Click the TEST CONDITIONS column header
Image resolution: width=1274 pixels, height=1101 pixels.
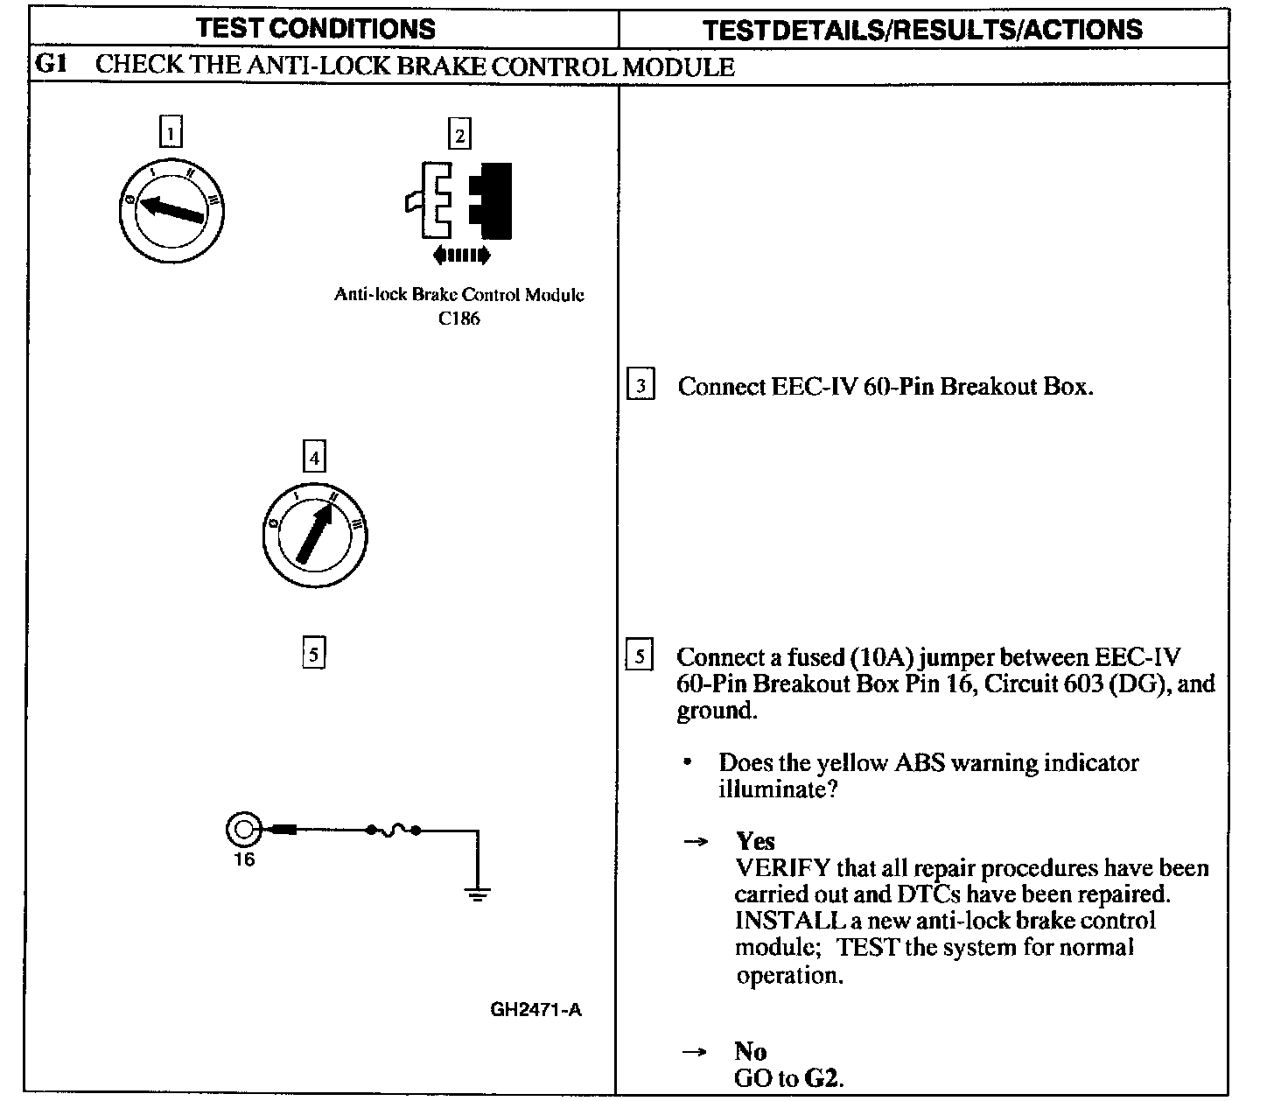click(316, 28)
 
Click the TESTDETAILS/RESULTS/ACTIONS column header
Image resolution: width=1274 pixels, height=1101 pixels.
click(923, 30)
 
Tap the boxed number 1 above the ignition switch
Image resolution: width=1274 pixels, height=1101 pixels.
click(171, 133)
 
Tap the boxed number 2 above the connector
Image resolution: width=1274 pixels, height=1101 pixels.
click(458, 135)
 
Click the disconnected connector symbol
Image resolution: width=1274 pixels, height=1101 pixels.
click(458, 200)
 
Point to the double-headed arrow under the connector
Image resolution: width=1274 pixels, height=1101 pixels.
click(462, 256)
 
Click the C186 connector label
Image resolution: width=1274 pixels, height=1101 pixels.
click(459, 319)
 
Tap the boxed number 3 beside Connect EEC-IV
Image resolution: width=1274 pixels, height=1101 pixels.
click(641, 386)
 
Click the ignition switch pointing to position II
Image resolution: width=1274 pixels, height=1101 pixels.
click(315, 533)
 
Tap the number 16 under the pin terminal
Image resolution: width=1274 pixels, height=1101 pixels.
click(244, 859)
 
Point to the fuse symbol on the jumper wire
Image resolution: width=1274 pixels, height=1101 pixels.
click(393, 829)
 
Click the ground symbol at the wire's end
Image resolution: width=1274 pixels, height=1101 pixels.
click(478, 893)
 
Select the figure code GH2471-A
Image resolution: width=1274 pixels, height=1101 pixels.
click(536, 1010)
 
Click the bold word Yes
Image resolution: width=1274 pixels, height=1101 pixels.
click(755, 841)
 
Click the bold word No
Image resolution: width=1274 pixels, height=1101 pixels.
click(751, 1051)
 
